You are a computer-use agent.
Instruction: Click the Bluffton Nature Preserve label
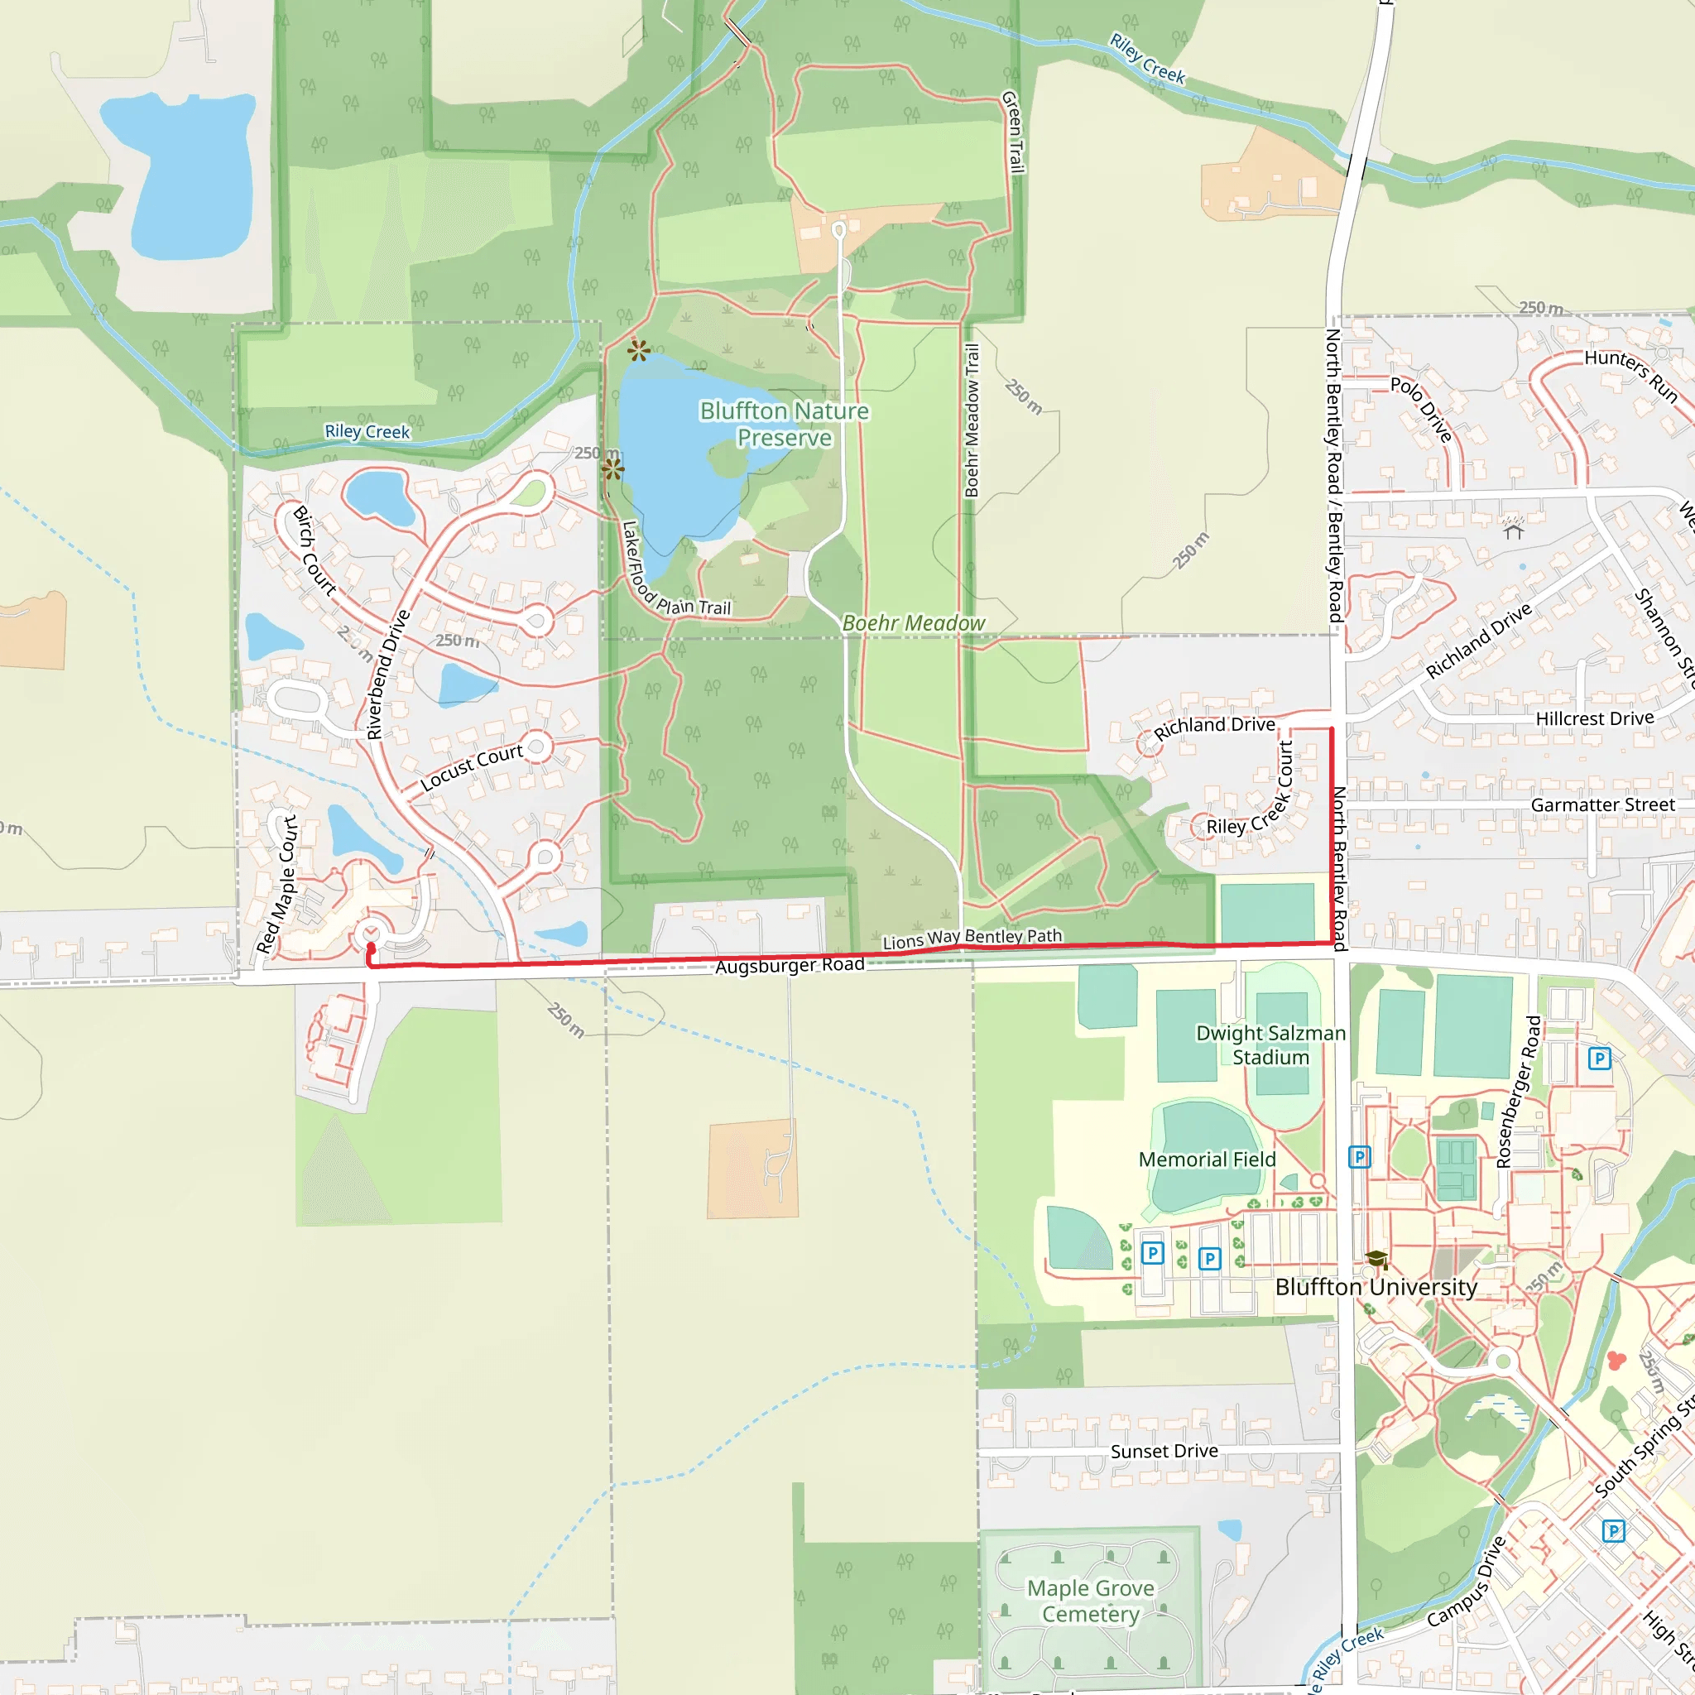pos(784,425)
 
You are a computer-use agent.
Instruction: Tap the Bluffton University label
pos(1376,1287)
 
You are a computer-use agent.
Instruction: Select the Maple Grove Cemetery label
pos(1091,1601)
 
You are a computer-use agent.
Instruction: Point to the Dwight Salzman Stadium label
pos(1270,1045)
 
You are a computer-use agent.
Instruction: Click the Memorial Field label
pos(1207,1160)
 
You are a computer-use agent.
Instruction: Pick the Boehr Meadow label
pos(914,623)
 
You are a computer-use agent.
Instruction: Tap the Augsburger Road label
pos(790,965)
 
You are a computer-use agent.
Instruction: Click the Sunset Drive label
pos(1164,1451)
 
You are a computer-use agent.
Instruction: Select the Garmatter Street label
pos(1602,804)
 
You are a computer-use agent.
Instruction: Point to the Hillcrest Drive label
pos(1594,718)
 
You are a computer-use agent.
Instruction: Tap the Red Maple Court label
pos(277,885)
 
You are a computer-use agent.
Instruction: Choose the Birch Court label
pos(314,551)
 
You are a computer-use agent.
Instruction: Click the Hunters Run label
pos(1631,375)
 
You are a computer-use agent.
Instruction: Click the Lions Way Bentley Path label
pos(972,938)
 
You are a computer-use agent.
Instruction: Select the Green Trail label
pos(1012,132)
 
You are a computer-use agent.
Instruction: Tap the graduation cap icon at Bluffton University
pos(1376,1260)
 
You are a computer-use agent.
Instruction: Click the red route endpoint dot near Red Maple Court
pos(371,948)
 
